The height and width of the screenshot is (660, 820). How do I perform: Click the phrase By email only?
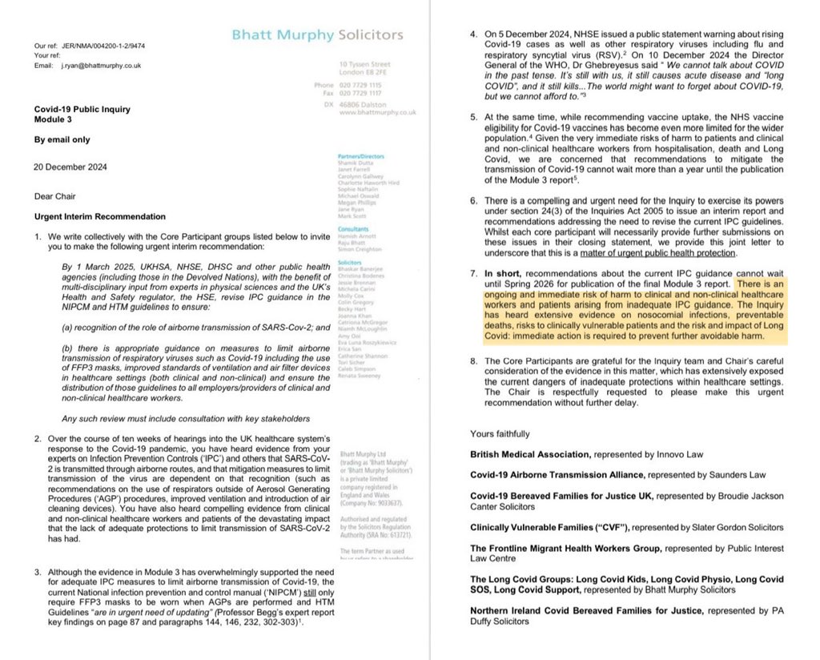[x=61, y=139]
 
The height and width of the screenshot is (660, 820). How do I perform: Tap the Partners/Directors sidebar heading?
[x=361, y=157]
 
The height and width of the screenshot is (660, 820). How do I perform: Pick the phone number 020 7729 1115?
[x=362, y=84]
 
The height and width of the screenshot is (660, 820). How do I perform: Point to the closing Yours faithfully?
[x=500, y=433]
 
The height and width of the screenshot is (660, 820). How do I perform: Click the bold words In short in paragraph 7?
[x=504, y=274]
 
